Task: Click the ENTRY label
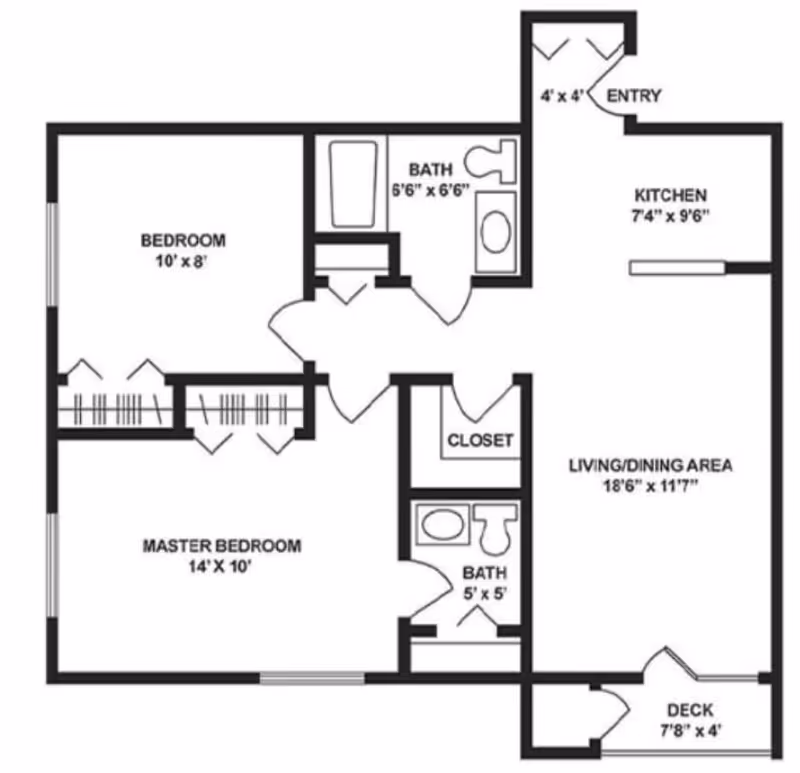tap(634, 96)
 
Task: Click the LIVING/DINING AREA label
tap(651, 465)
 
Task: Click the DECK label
tap(690, 710)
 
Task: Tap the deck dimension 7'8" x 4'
tap(690, 730)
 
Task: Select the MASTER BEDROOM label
tap(222, 546)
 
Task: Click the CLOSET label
tap(480, 440)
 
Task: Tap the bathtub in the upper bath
tap(353, 184)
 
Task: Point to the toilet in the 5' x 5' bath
tap(495, 527)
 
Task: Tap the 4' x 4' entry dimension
tap(560, 97)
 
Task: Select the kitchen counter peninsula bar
tap(677, 267)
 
